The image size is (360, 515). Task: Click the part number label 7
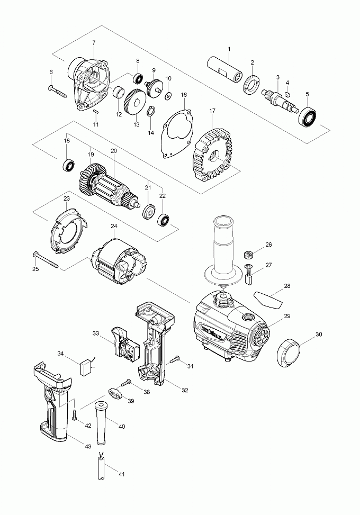[94, 42]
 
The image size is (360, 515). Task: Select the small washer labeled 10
[168, 96]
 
